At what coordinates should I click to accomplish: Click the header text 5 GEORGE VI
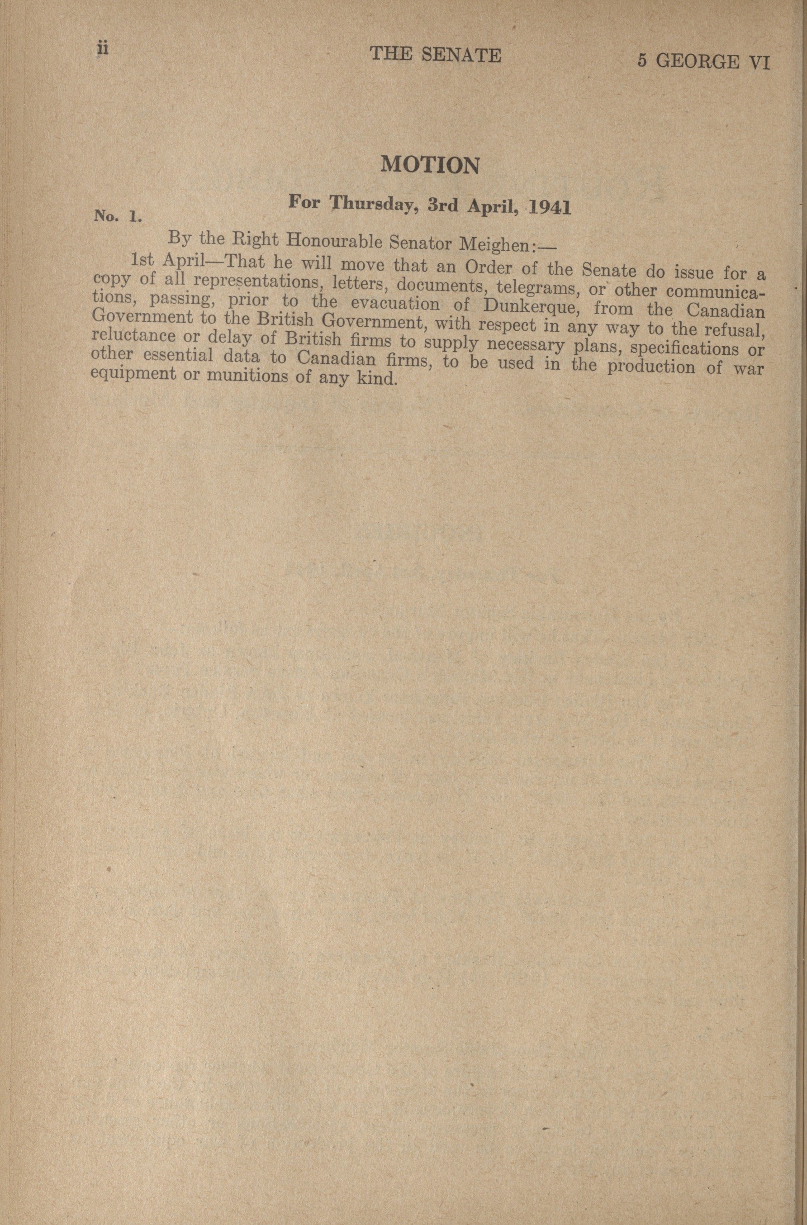pyautogui.click(x=703, y=61)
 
